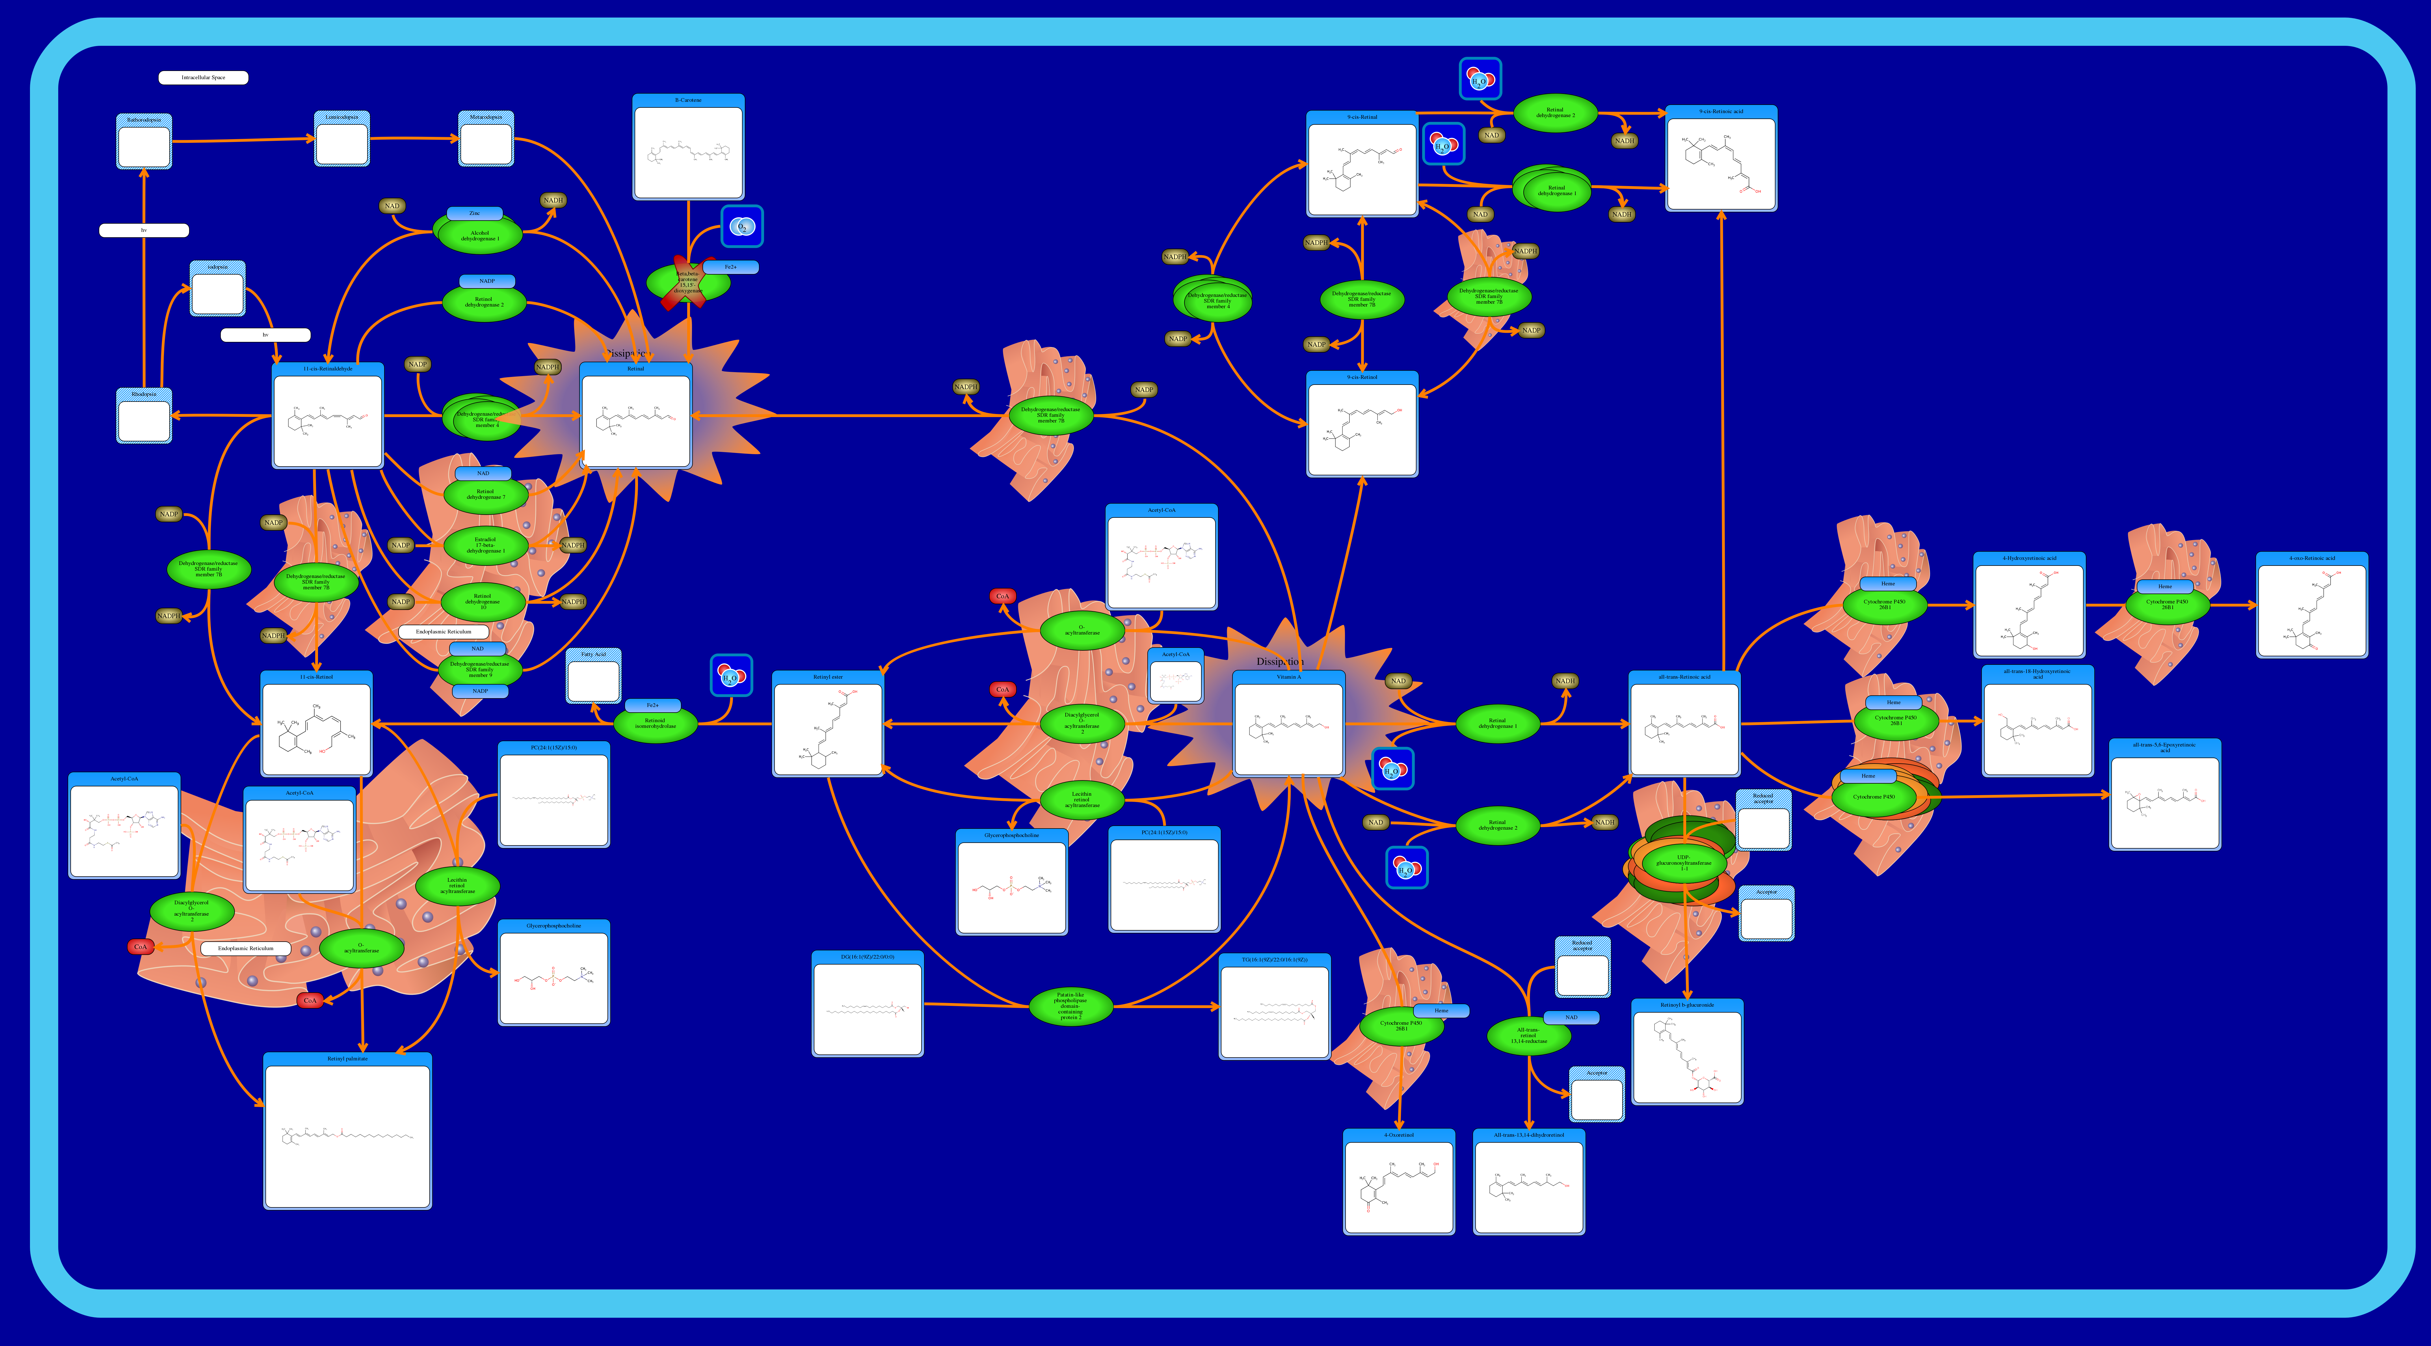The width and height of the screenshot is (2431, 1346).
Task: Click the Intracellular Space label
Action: [203, 77]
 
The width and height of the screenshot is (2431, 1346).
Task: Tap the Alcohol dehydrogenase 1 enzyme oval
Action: [479, 235]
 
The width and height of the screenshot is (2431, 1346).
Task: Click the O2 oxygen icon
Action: [742, 227]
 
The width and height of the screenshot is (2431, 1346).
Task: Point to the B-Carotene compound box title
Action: [688, 100]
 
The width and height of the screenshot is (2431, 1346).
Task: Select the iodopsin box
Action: [217, 289]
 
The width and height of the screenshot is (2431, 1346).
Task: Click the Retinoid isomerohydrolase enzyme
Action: [655, 724]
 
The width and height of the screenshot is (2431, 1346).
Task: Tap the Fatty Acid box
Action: [594, 676]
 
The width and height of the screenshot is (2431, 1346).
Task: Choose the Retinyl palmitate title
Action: [347, 1059]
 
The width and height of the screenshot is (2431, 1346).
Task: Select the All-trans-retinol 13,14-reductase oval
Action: [1529, 1036]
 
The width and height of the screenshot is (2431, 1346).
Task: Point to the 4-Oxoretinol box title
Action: [1399, 1136]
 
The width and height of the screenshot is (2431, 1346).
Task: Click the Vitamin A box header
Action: [1288, 677]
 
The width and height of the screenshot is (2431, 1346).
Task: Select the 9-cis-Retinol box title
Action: [1362, 378]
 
